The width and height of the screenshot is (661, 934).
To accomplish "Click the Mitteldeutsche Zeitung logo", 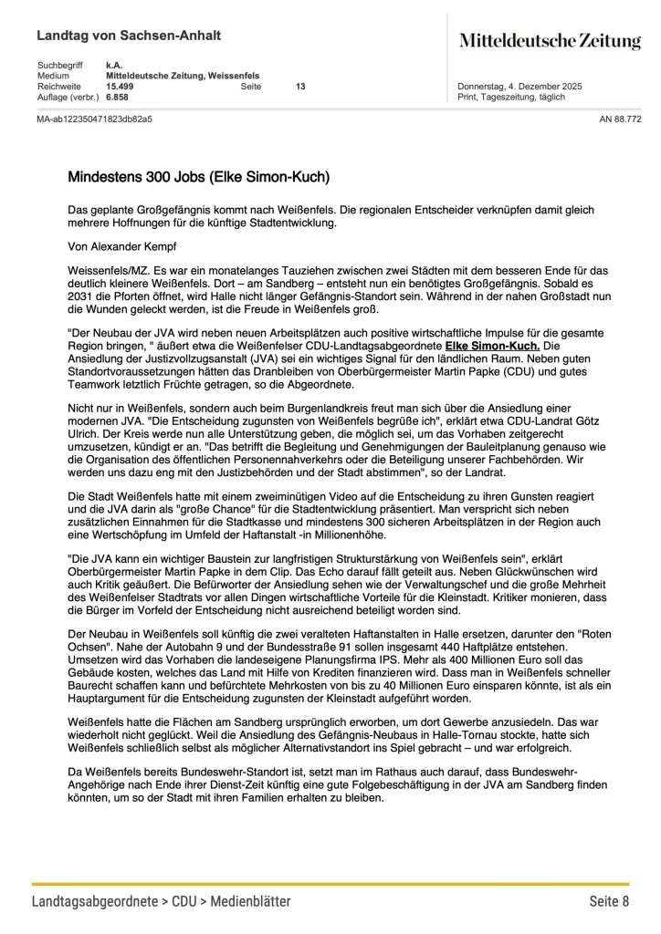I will tap(550, 40).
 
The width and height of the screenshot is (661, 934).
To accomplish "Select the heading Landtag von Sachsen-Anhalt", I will tap(129, 36).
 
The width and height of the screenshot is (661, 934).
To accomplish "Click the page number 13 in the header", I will tap(300, 86).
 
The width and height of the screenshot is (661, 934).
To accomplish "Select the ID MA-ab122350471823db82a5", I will tap(94, 119).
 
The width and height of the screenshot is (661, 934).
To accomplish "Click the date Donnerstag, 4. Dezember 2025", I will tap(519, 86).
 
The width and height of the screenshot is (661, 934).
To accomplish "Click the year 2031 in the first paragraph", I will tap(81, 296).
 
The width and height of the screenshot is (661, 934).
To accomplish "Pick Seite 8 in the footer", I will tap(608, 901).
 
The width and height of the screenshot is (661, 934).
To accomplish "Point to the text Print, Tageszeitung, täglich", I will tap(510, 97).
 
